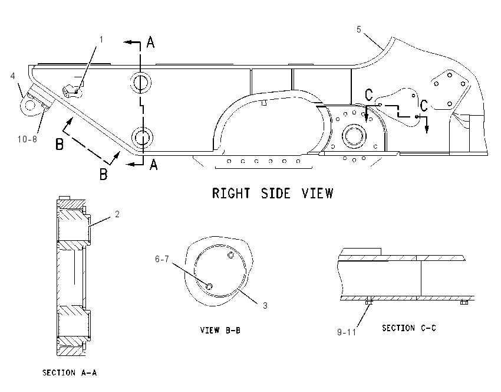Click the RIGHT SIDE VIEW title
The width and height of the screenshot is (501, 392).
[x=272, y=194]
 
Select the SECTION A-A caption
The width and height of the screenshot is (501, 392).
[x=70, y=373]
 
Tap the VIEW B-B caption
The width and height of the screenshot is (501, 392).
[x=220, y=330]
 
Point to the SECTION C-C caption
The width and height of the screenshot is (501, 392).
[x=409, y=328]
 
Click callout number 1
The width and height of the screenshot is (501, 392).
[x=101, y=40]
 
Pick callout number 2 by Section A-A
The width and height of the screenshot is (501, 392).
[x=117, y=214]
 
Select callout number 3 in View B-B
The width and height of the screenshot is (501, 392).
[x=265, y=306]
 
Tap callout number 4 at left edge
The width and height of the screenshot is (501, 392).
[x=13, y=76]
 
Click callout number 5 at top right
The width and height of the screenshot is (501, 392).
[x=359, y=30]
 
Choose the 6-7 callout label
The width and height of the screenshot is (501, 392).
[x=162, y=259]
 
